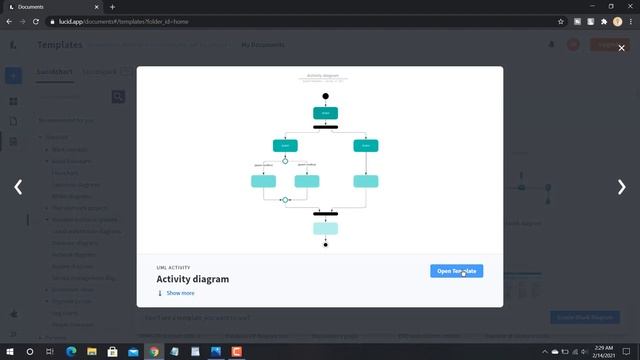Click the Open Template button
(457, 271)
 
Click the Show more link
(180, 293)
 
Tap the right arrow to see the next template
(621, 187)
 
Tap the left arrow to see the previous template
(18, 187)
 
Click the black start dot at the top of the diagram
(326, 96)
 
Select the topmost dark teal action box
(326, 112)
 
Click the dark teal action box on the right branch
(366, 146)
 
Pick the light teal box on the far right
(366, 181)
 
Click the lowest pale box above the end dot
(326, 228)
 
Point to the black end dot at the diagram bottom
(326, 245)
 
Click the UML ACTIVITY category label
(175, 268)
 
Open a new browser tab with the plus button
(112, 6)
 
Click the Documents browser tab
(50, 6)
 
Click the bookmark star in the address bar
(561, 20)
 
